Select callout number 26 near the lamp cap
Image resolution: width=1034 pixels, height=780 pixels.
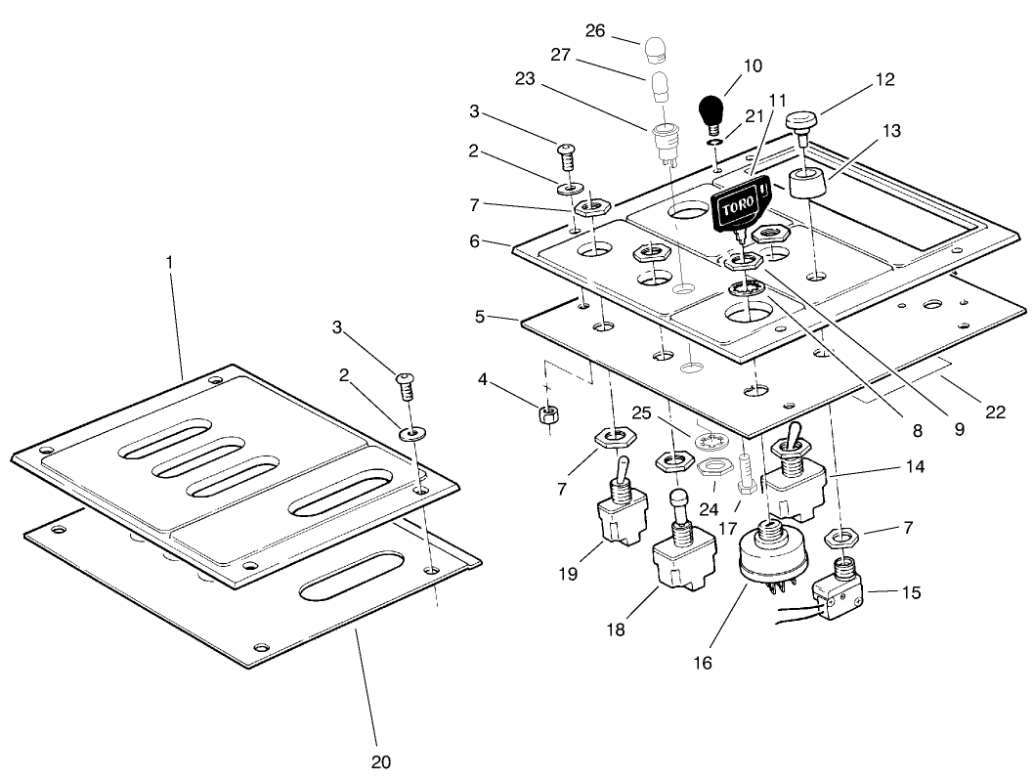point(595,31)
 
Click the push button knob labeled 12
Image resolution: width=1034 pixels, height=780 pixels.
point(802,122)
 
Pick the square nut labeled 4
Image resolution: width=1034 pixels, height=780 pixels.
point(549,413)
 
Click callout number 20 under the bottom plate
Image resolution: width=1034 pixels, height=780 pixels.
point(382,760)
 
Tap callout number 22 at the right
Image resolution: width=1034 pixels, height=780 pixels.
point(996,412)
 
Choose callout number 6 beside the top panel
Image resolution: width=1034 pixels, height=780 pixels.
point(475,241)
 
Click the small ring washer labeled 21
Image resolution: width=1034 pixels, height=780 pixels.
point(715,142)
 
